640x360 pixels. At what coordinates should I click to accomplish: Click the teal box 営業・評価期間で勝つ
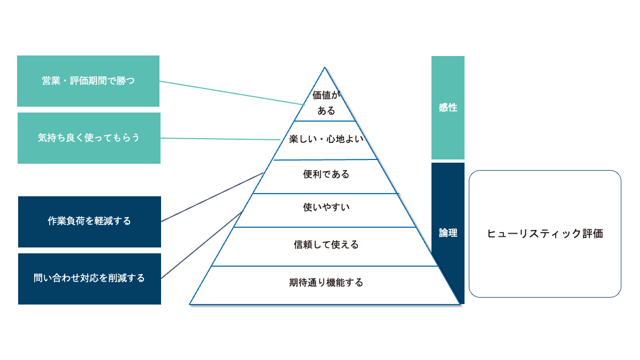pos(88,81)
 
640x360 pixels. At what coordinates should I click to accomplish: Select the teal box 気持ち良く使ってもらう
pos(89,138)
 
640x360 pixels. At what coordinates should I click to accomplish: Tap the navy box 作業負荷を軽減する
pos(89,221)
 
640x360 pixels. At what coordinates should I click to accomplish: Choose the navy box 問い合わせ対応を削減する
pos(89,278)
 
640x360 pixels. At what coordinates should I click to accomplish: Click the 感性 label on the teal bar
pos(448,108)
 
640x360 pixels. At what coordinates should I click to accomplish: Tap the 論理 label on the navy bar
pos(448,233)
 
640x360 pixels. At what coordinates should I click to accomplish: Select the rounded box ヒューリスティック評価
pos(545,234)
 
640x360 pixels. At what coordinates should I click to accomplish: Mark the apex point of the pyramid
pos(325,68)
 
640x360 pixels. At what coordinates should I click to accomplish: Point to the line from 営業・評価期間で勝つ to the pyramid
pos(229,93)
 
